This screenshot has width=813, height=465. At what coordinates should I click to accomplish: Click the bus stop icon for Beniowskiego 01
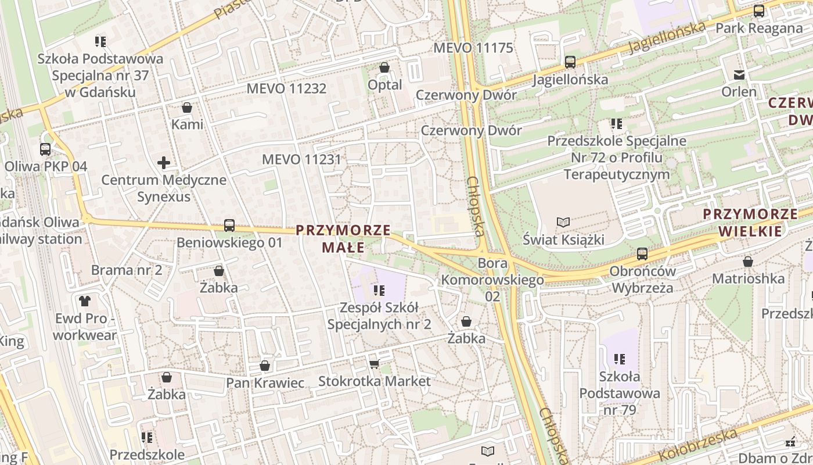[229, 226]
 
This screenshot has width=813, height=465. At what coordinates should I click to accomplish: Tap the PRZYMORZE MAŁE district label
[343, 238]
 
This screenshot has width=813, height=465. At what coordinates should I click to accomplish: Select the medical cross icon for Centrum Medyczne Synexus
[164, 163]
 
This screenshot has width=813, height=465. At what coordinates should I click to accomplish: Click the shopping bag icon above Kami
[187, 108]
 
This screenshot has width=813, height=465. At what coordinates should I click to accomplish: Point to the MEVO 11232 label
[286, 88]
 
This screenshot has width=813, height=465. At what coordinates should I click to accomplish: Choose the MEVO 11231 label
[301, 159]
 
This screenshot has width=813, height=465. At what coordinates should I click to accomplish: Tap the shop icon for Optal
[384, 68]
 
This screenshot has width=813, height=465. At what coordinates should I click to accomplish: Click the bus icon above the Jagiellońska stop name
[570, 62]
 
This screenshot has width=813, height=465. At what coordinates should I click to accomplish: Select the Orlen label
[739, 91]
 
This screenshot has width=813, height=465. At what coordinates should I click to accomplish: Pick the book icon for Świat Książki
[563, 222]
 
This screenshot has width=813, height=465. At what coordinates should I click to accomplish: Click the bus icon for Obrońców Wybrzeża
[642, 254]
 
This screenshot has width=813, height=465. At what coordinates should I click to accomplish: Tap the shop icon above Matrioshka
[748, 262]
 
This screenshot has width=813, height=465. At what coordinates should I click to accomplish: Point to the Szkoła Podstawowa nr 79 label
[620, 393]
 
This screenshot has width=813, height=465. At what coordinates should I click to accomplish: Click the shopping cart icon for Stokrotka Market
[375, 364]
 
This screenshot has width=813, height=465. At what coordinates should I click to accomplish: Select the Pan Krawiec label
[265, 382]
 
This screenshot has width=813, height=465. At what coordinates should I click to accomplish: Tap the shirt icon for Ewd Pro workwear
[85, 301]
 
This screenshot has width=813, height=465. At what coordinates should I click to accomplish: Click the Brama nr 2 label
[126, 270]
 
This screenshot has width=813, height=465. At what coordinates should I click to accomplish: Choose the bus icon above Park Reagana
[758, 11]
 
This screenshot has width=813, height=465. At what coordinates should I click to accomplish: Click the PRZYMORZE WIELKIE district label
[750, 222]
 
